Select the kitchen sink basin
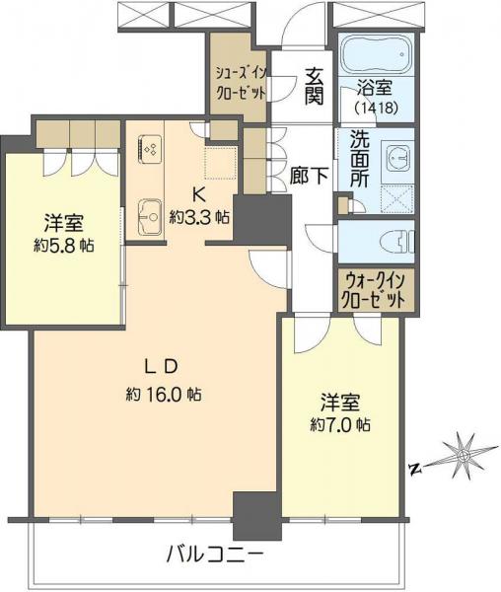click(151, 215)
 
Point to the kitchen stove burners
click(151, 149)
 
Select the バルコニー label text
click(213, 555)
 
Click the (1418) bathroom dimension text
click(376, 109)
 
